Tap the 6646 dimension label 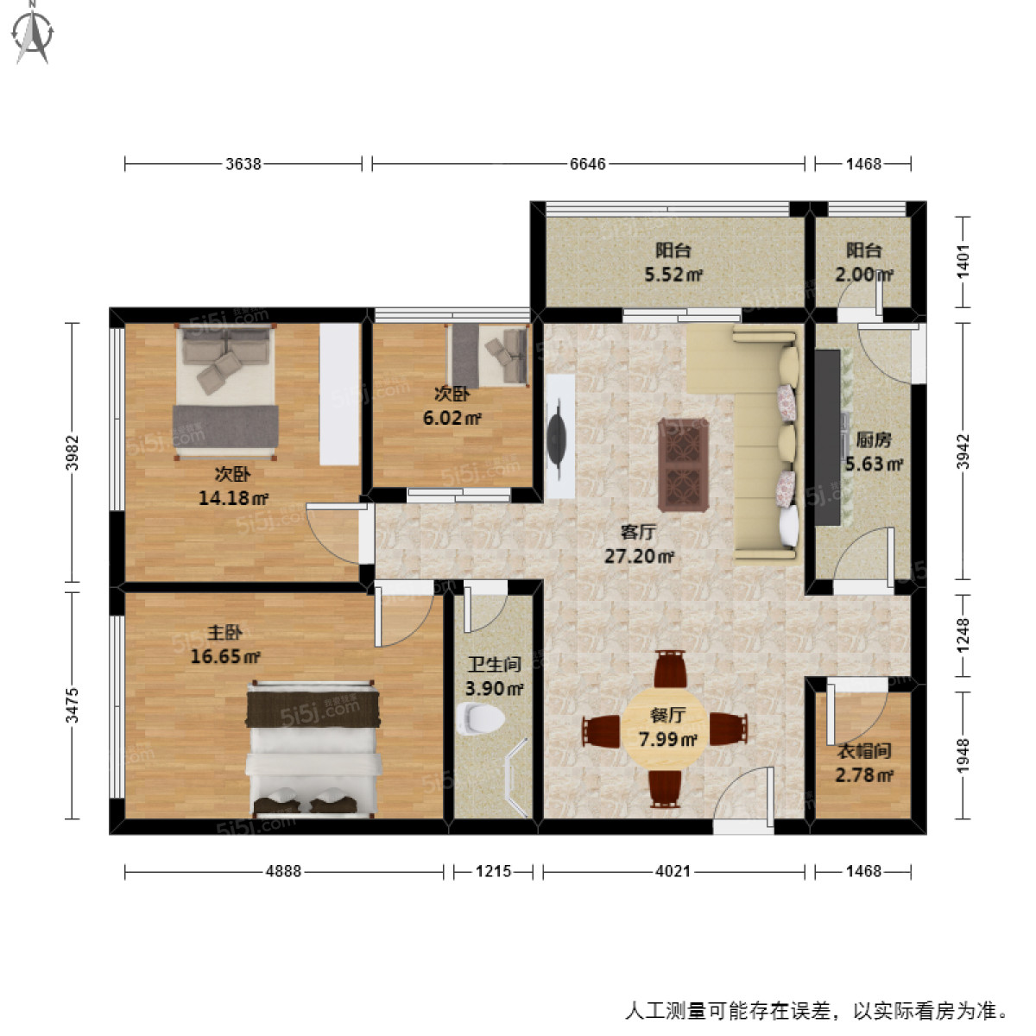pyautogui.click(x=587, y=163)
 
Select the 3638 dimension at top pyautogui.click(x=243, y=163)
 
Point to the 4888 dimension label pyautogui.click(x=283, y=871)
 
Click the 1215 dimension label pyautogui.click(x=494, y=871)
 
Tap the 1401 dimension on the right pyautogui.click(x=963, y=261)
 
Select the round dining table pyautogui.click(x=665, y=730)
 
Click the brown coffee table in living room pyautogui.click(x=684, y=464)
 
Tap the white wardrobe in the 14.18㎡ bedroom pyautogui.click(x=339, y=394)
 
